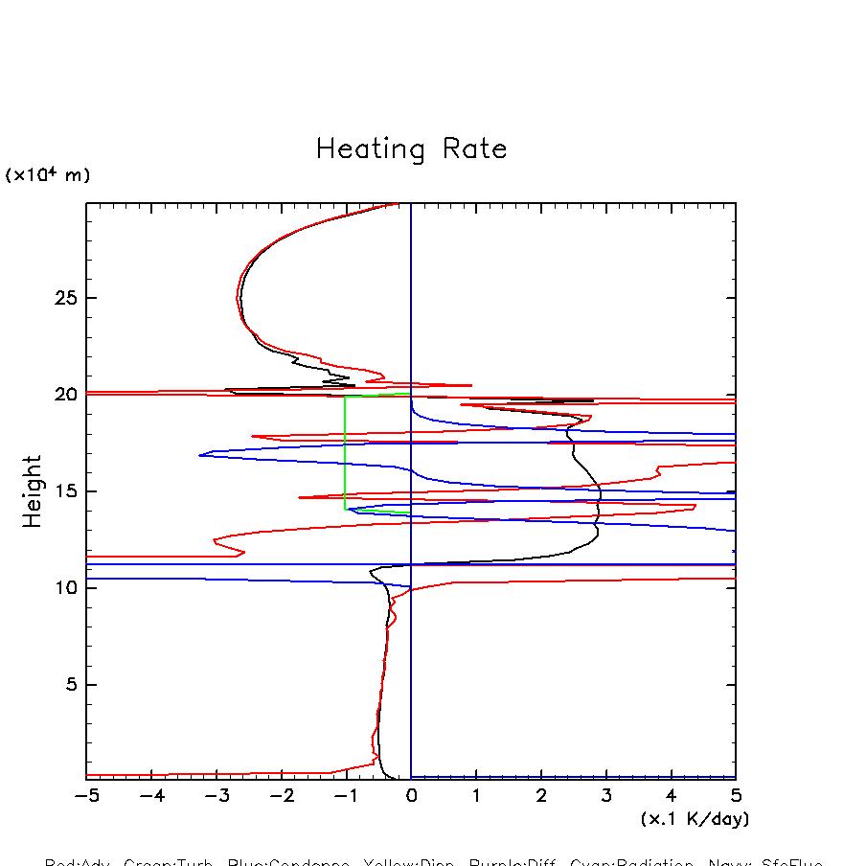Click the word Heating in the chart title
(x=371, y=150)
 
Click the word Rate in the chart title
(x=474, y=149)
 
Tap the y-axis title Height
(x=34, y=490)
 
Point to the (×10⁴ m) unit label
(x=48, y=175)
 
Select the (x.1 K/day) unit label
(x=695, y=819)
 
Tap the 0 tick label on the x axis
(x=411, y=797)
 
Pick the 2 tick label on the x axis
(x=541, y=797)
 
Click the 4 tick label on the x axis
(x=671, y=797)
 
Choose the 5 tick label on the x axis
(x=736, y=797)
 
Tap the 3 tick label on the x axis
(x=605, y=797)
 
